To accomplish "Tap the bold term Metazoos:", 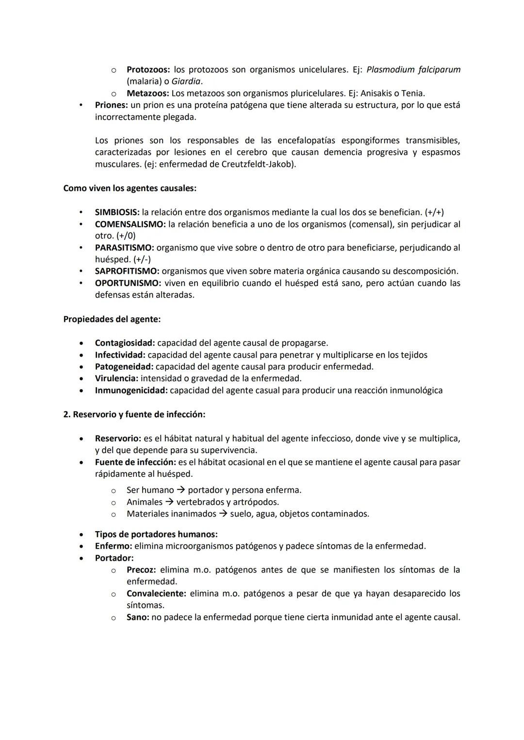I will pos(147,93).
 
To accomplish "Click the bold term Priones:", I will pos(111,105).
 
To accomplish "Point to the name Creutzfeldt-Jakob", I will pos(257,164).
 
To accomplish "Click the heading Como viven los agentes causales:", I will pos(130,188).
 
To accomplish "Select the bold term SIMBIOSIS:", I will pos(117,212).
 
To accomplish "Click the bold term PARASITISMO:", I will pos(124,248).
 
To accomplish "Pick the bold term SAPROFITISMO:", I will pos(127,271).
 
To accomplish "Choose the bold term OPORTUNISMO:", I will pos(128,283).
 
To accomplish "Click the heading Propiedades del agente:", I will pos(112,319).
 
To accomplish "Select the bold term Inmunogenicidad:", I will pos(131,391).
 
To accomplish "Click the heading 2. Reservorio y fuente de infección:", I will pos(134,414).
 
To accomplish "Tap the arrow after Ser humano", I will pos(181,490).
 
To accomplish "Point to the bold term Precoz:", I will pos(141,570).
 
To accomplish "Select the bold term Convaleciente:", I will pos(156,594).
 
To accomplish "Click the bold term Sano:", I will pos(138,617).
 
